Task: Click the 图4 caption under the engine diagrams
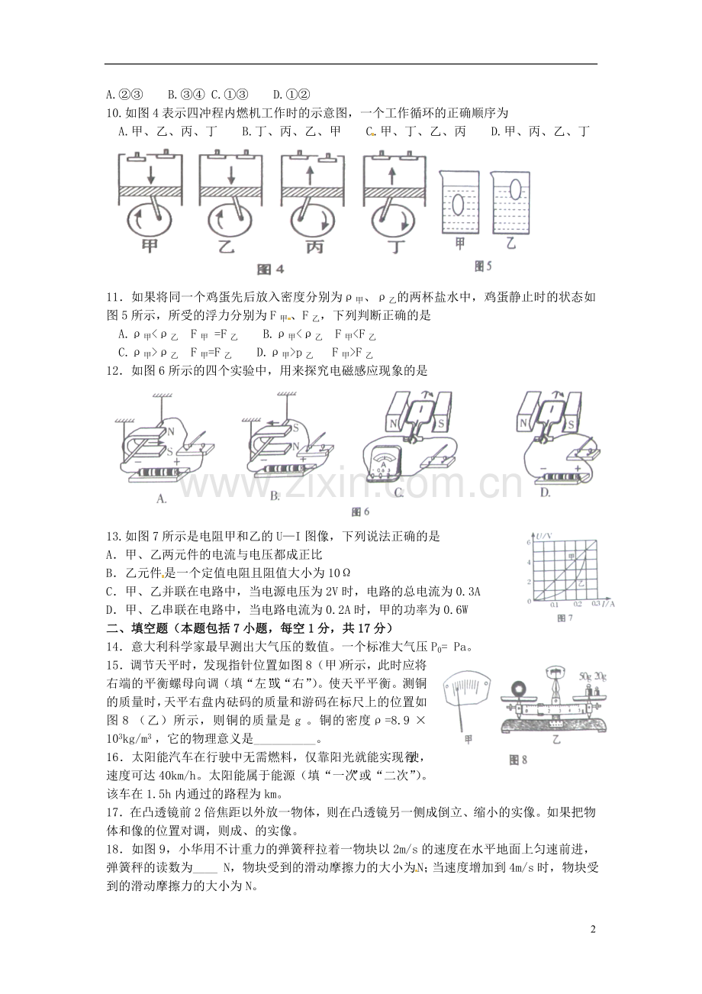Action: pyautogui.click(x=271, y=269)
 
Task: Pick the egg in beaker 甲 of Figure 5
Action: pyautogui.click(x=459, y=205)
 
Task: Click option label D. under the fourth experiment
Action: pyautogui.click(x=546, y=493)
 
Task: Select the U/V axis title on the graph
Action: pyautogui.click(x=543, y=534)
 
